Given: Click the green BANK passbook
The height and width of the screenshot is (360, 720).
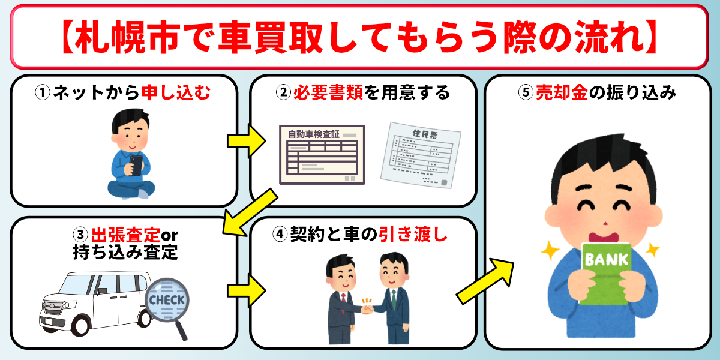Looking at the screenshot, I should pyautogui.click(x=605, y=273).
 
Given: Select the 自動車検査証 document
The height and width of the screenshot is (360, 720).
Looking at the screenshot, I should pyautogui.click(x=322, y=154).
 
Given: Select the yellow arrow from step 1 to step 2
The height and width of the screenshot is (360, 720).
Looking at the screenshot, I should pyautogui.click(x=246, y=141).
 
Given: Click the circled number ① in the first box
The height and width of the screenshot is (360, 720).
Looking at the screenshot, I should pyautogui.click(x=43, y=93).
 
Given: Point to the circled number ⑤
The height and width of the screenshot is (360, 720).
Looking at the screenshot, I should pyautogui.click(x=526, y=94).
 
